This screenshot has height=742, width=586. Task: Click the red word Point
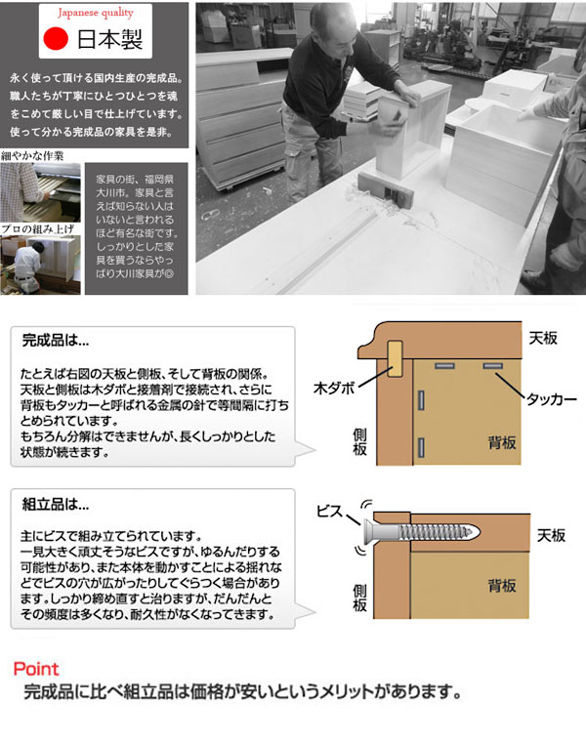(x=37, y=670)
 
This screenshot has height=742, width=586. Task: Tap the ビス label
(x=329, y=511)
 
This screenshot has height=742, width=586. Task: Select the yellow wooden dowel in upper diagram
(x=396, y=359)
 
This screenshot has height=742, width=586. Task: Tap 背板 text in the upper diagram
(x=502, y=443)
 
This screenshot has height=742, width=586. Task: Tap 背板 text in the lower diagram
(x=502, y=587)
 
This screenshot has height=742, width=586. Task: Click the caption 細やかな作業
(x=32, y=156)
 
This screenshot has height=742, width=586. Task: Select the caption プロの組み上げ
(x=35, y=228)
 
